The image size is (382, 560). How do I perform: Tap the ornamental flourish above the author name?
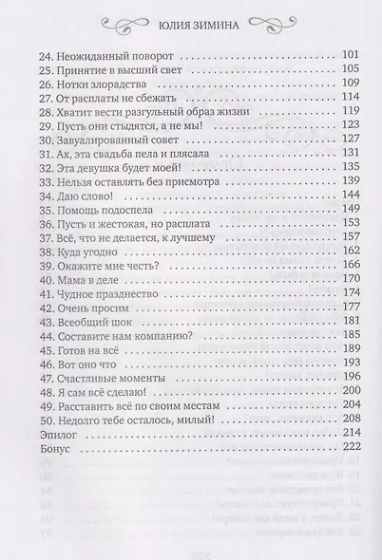click(190, 11)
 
